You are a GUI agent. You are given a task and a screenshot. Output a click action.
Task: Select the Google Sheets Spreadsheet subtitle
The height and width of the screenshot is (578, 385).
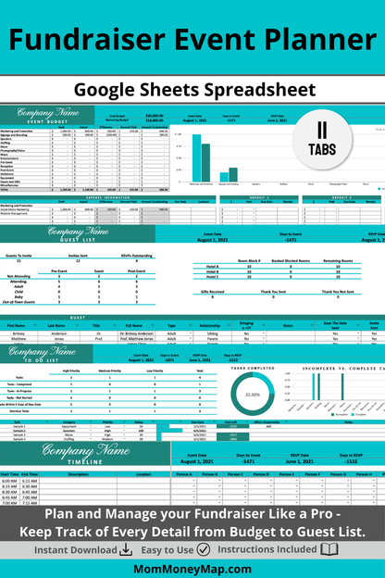[x=192, y=90]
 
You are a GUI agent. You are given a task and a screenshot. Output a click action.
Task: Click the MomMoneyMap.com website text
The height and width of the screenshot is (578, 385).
[x=192, y=567]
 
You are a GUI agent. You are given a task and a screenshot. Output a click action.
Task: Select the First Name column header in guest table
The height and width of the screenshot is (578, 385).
[x=17, y=325]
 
